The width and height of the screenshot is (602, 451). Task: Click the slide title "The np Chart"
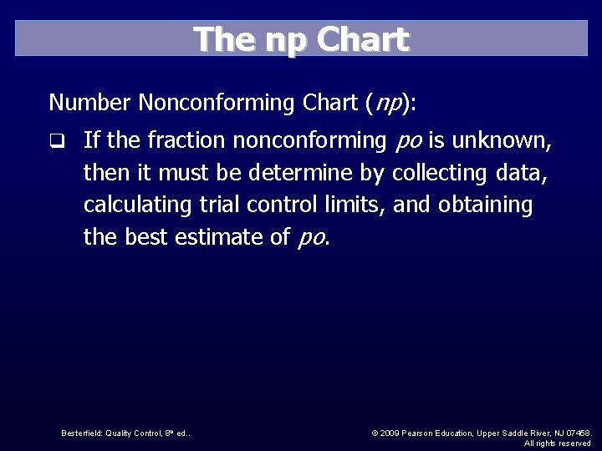[301, 39]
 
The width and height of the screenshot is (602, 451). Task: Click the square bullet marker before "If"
[56, 141]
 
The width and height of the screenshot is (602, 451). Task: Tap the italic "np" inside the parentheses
[386, 103]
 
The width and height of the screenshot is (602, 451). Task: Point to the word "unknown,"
[503, 141]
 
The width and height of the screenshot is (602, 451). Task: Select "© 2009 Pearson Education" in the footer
[422, 433]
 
